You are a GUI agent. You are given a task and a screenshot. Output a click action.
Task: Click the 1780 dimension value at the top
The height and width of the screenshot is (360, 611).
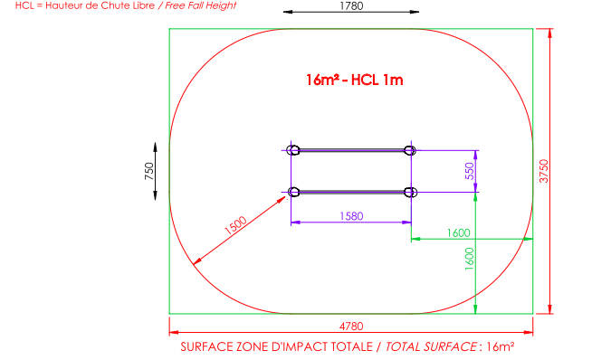coord(351,5)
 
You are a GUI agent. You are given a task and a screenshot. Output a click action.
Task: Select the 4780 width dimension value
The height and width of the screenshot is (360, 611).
coord(351,327)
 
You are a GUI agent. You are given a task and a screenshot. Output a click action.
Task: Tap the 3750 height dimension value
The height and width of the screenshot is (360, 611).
coord(544,171)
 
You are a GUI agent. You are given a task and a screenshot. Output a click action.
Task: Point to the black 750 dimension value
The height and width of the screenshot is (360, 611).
coord(149,171)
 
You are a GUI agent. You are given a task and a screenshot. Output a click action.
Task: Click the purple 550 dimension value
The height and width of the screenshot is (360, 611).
coord(470,171)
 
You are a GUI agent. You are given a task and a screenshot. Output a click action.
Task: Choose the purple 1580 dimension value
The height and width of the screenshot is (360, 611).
coord(351,216)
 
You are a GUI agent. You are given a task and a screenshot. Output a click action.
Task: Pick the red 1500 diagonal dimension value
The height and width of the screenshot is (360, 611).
coord(235,225)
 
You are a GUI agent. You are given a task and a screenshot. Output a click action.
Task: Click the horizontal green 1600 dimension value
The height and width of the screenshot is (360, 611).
coord(458,232)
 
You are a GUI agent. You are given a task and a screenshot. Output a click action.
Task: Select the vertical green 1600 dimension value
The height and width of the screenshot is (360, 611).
coord(469,259)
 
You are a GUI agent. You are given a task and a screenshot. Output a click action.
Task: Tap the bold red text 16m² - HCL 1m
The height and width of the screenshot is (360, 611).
coord(354,80)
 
